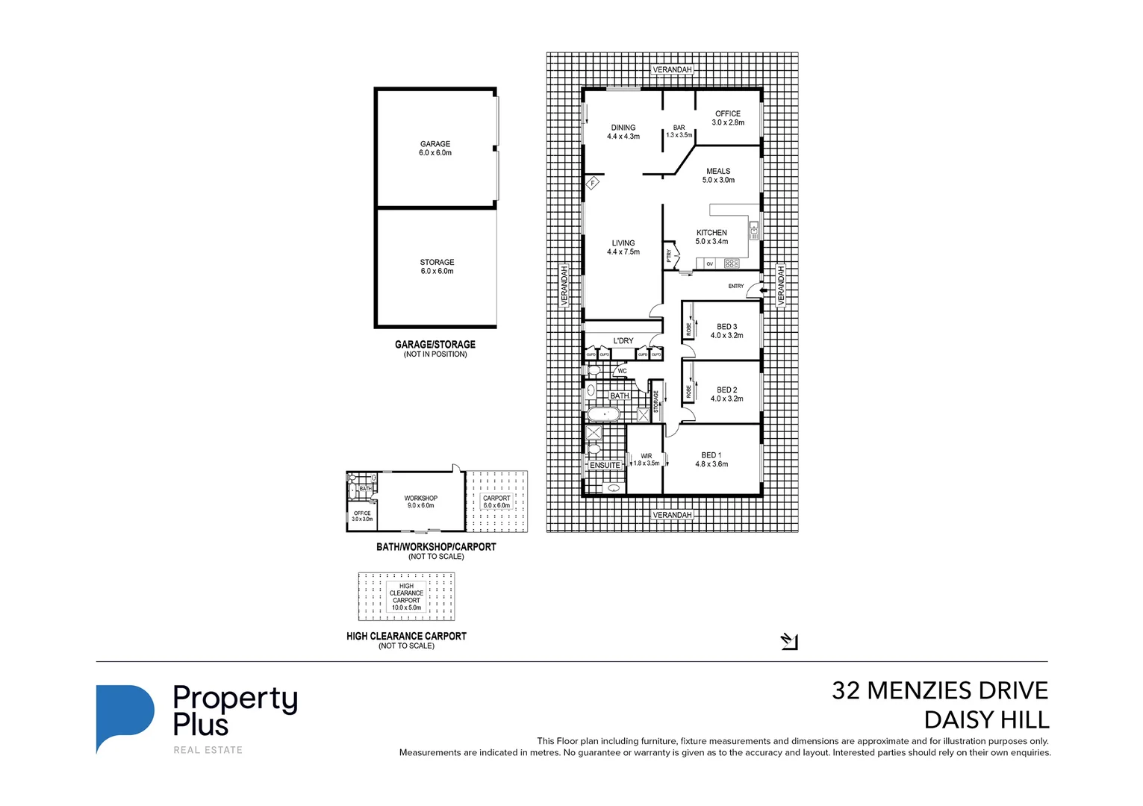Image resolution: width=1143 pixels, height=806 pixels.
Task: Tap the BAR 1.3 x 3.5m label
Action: pos(679,131)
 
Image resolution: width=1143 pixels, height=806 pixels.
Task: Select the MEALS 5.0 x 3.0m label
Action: pos(718,175)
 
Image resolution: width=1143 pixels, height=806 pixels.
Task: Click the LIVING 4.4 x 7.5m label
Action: pos(623,247)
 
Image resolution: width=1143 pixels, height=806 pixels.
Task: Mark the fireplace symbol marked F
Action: pos(594,183)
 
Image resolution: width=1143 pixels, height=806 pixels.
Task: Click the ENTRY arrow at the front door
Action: pos(762,291)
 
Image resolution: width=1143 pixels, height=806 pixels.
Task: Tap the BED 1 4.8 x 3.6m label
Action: pos(711,459)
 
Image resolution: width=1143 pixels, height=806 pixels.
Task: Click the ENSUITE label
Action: pos(604,465)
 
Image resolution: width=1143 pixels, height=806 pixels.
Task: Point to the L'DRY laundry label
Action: pos(623,341)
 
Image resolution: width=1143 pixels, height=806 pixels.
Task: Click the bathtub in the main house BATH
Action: pos(603,413)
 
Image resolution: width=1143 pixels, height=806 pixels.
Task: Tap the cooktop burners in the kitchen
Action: pos(732,263)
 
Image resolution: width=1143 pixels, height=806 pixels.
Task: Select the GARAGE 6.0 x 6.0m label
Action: pos(435,148)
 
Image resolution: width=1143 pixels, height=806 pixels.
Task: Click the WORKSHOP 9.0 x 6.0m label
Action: pos(420,502)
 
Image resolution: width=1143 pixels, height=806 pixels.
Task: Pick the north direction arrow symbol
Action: pos(789,641)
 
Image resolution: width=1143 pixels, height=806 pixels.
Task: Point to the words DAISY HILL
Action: pos(986,720)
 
